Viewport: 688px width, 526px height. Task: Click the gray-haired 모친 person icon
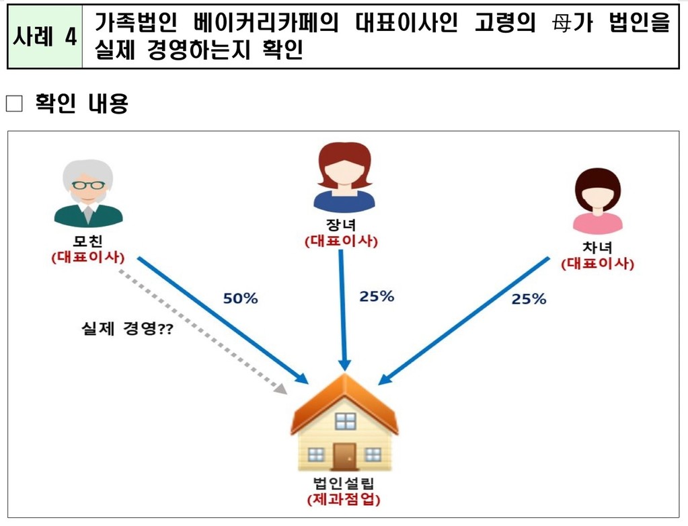(x=88, y=193)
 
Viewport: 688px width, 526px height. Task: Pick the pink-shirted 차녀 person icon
(x=597, y=200)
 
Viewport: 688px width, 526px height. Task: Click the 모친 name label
(x=88, y=242)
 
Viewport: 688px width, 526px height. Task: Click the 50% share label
(x=241, y=298)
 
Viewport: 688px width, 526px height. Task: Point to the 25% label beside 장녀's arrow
(x=376, y=296)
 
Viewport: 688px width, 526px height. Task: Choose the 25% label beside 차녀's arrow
(x=529, y=299)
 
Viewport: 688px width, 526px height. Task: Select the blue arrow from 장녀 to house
(x=342, y=309)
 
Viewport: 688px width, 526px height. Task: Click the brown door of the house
(x=344, y=456)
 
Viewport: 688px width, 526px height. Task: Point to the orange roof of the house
(x=344, y=397)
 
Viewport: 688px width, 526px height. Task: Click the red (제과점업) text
(x=343, y=501)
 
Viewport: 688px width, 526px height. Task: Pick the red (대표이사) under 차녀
(x=597, y=264)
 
